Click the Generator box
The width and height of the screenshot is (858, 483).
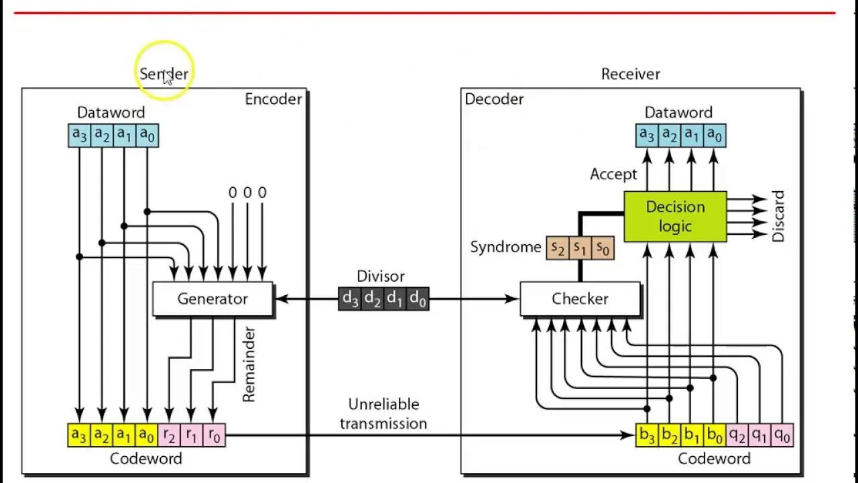(212, 299)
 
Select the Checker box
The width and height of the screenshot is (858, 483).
(580, 299)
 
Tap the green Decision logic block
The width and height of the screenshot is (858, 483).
(675, 217)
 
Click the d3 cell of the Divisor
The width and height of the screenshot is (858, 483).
(350, 299)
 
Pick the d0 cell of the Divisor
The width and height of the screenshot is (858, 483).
(417, 299)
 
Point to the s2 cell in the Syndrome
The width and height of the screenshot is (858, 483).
(558, 248)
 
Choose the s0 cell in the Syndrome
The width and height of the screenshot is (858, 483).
(603, 248)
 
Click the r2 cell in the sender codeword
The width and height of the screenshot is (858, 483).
(169, 435)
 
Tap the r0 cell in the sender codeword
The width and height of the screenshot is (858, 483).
(214, 435)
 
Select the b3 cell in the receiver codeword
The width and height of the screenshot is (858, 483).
(647, 435)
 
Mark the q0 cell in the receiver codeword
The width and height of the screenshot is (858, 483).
(782, 435)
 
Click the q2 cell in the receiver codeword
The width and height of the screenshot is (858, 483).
(737, 435)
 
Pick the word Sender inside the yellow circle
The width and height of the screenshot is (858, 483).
(164, 74)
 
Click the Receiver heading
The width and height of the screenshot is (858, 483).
(630, 74)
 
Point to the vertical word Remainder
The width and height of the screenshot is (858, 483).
(249, 364)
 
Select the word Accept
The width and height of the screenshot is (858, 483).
(613, 174)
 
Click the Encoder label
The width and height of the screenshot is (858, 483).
(273, 99)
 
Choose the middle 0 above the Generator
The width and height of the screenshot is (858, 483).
(247, 193)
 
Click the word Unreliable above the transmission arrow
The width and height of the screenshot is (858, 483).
(383, 405)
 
